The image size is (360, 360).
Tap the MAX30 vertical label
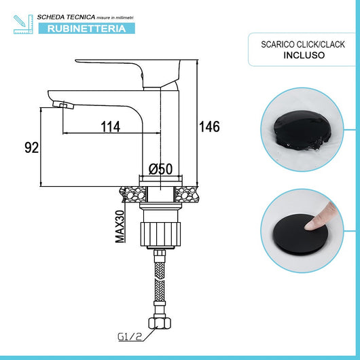(x=120, y=226)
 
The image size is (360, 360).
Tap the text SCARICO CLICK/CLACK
(x=304, y=44)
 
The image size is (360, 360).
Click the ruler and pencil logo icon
(x=22, y=22)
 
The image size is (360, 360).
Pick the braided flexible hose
(x=162, y=278)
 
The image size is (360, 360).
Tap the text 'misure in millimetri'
(x=120, y=16)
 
